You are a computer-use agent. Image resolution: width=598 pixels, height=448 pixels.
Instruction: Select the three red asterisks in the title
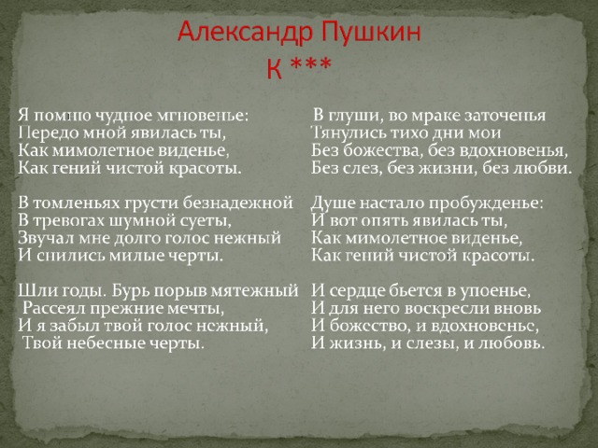click(x=310, y=63)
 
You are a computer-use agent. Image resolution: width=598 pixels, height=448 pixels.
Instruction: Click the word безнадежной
click(x=238, y=203)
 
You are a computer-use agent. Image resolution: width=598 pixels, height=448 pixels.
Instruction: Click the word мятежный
click(x=255, y=291)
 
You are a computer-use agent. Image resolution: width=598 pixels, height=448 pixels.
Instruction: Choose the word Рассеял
click(x=50, y=308)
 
